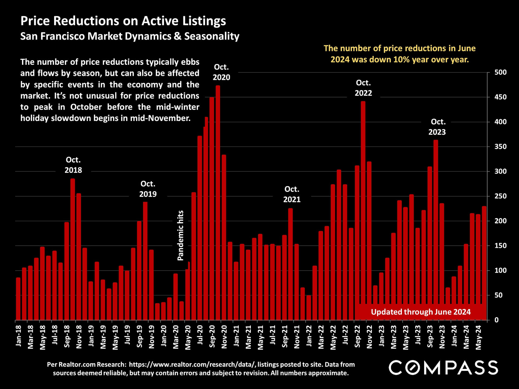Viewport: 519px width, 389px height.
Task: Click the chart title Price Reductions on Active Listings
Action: point(123,21)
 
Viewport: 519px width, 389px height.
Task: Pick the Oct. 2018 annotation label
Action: point(73,165)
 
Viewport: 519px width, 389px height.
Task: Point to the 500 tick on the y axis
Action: point(500,72)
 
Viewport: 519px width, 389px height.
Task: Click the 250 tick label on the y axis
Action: point(500,196)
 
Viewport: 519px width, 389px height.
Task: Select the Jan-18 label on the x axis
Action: point(18,336)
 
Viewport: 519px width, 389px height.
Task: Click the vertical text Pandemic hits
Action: point(180,235)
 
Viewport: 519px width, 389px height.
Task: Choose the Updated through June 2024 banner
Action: point(421,312)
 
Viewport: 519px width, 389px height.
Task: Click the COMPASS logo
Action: point(443,368)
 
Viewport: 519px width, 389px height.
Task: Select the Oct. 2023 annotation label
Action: point(437,127)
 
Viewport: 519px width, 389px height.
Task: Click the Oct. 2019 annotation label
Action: point(148,189)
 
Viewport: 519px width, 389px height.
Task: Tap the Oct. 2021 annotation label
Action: point(292,194)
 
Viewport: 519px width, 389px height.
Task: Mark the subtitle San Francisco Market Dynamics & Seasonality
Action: point(130,36)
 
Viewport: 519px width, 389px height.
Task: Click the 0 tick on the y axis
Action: point(497,320)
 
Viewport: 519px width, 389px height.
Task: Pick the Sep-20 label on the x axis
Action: point(212,336)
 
